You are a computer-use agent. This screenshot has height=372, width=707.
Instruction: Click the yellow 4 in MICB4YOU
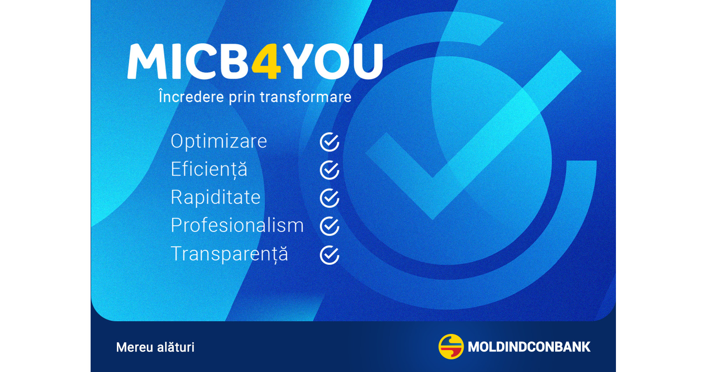(266, 62)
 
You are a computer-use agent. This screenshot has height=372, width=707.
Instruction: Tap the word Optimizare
(219, 141)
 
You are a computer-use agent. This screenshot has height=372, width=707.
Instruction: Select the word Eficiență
(209, 170)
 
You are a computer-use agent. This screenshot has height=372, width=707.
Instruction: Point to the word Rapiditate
(215, 197)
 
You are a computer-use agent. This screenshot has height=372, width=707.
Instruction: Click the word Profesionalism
(237, 225)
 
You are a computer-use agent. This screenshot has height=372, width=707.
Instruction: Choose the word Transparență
(229, 254)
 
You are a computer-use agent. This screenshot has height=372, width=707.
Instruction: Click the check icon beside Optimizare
(329, 142)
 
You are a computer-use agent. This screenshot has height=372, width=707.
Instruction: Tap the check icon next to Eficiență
(329, 170)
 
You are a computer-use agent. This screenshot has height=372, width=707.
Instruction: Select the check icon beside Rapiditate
(329, 198)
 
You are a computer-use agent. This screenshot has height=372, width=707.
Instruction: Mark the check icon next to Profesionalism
(329, 226)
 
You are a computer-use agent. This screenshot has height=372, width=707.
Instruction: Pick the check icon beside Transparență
(329, 255)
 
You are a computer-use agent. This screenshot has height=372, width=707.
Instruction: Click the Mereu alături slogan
(155, 347)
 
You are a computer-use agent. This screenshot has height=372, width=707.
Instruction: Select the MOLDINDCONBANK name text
(529, 347)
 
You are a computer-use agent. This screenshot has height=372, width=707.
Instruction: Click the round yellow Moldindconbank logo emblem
(451, 347)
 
